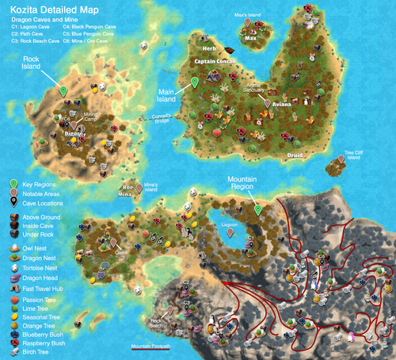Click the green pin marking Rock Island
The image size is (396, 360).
pyautogui.click(x=64, y=91)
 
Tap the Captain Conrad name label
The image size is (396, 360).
pyautogui.click(x=215, y=60)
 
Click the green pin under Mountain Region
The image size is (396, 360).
pyautogui.click(x=258, y=209)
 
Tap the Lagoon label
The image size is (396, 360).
pyautogui.click(x=230, y=224)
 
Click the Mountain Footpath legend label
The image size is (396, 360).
pyautogui.click(x=150, y=347)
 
